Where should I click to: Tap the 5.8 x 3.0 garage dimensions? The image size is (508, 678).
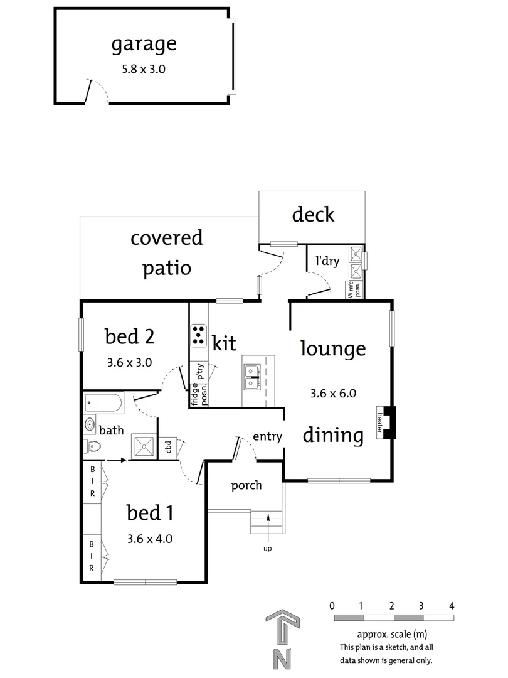[144, 70]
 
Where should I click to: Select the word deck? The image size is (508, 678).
[313, 215]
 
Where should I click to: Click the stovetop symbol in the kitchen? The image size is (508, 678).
[199, 335]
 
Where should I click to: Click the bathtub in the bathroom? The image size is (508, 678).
[104, 402]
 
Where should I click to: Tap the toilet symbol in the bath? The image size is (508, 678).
[92, 446]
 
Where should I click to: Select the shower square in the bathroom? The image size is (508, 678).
[143, 446]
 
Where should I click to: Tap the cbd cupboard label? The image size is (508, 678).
[167, 447]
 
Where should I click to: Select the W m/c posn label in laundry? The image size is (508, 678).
[354, 289]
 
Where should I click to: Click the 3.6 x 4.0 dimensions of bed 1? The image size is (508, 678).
[149, 538]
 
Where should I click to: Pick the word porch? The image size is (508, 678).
[246, 485]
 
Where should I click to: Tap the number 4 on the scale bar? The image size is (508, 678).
[452, 606]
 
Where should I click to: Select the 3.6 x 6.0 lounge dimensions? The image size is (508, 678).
[333, 394]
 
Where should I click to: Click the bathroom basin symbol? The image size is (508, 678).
[89, 424]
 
